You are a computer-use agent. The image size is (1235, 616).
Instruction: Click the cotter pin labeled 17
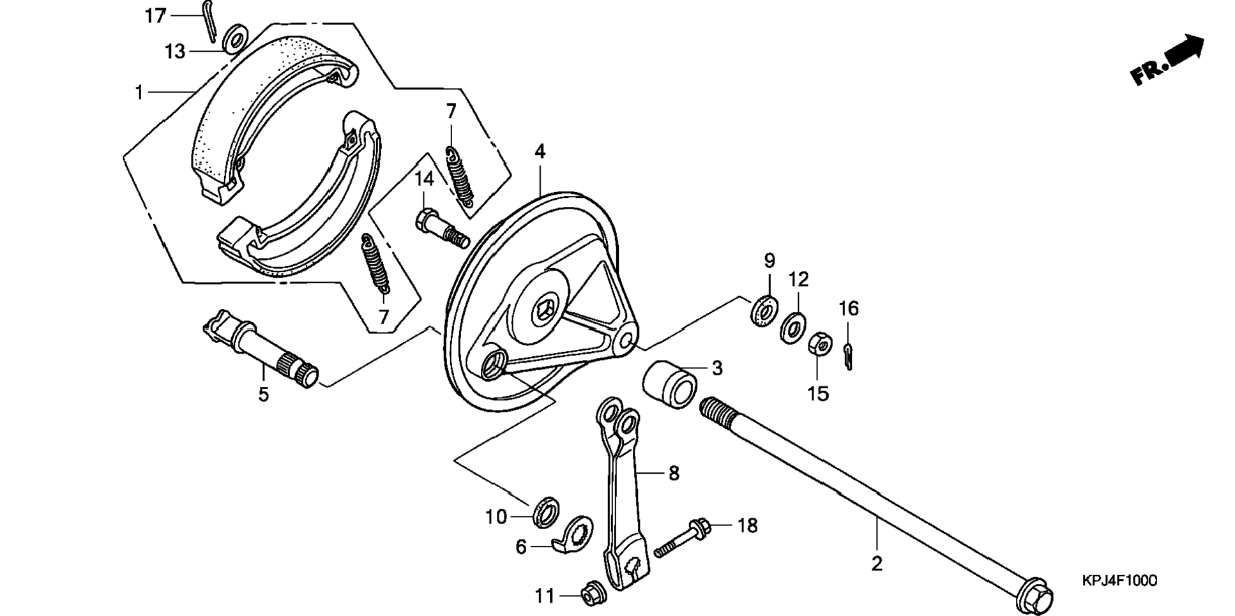210,20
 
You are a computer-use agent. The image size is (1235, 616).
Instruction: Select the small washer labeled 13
236,40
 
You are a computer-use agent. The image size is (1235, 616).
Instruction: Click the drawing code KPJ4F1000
1119,581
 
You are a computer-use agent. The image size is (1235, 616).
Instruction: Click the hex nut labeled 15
819,345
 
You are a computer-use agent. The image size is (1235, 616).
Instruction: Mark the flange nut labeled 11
589,596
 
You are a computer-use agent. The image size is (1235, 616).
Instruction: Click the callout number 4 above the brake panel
540,152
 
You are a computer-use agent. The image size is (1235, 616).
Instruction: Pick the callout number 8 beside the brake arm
674,473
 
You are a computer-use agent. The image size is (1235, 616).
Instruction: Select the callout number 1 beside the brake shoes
139,93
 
